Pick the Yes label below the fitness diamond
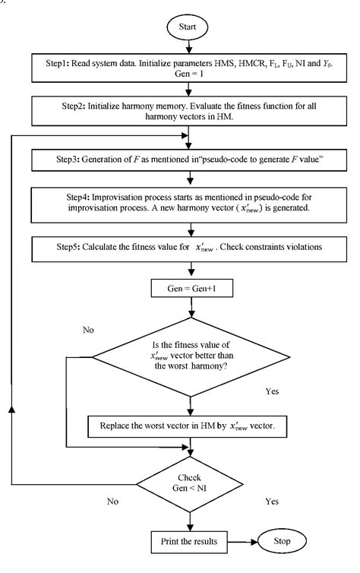[273, 392]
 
